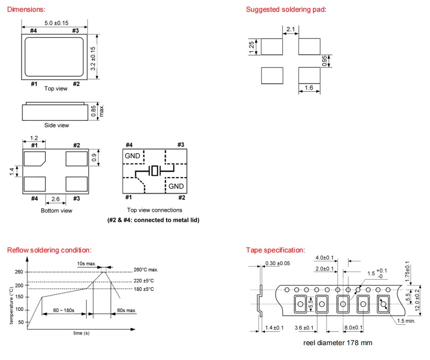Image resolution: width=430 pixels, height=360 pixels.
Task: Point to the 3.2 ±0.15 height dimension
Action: coord(93,58)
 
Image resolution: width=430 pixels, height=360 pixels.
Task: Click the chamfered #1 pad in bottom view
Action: coord(35,159)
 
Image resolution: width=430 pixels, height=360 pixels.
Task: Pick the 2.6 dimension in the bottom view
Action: coord(56,199)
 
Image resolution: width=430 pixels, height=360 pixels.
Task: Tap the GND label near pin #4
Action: coord(132,155)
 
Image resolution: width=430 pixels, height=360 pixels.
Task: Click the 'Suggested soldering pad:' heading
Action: coord(286,9)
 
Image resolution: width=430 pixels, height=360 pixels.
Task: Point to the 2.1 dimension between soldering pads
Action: coord(290,30)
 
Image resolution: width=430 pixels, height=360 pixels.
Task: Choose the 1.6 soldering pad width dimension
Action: coord(309,88)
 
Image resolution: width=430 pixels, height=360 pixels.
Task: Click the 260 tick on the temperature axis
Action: coord(19,272)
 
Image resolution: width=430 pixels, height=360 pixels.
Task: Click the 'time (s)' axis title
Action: coord(81,333)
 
